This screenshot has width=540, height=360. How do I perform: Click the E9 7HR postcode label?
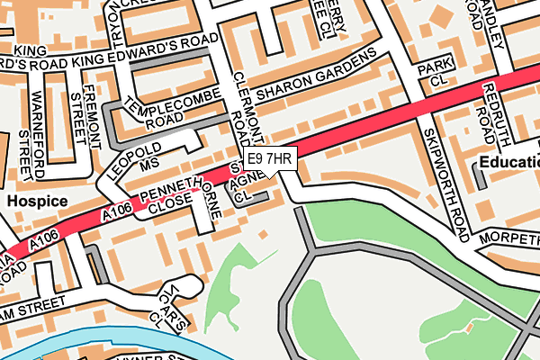coord(269,158)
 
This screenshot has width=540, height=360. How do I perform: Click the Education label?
coord(508,163)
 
